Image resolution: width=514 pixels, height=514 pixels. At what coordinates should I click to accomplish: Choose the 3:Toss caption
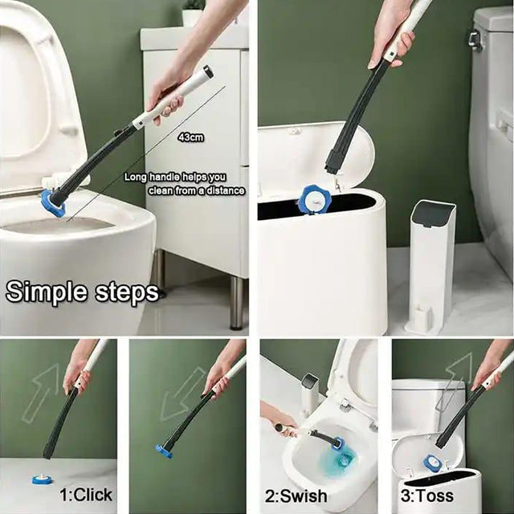coord(427,495)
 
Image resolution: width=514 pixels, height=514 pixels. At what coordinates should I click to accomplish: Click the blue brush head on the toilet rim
coord(53,202)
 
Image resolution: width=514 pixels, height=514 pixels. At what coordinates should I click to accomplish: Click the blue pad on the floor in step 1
coord(43,479)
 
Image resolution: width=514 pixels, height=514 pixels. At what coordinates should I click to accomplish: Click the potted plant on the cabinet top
coord(193,14)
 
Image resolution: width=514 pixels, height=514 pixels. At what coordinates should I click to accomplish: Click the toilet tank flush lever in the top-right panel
coord(475,40)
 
